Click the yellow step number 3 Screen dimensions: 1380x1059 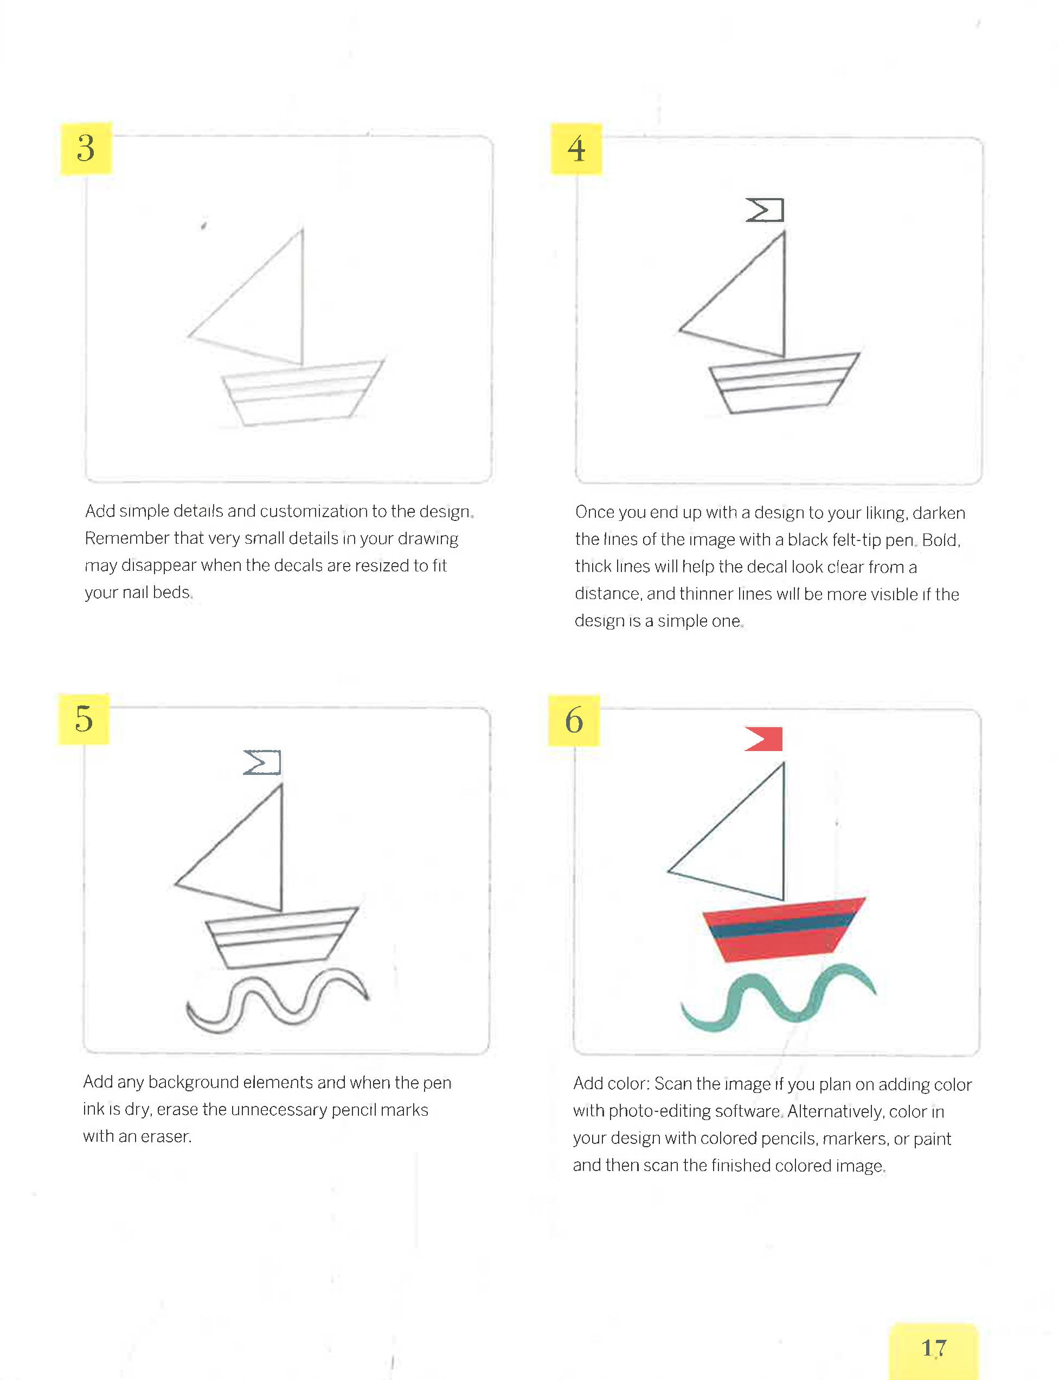(86, 148)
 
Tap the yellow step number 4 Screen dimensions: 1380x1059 (576, 149)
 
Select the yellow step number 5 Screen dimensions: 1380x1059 (84, 719)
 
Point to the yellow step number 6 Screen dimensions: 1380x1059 (574, 720)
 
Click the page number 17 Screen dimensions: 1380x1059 (934, 1348)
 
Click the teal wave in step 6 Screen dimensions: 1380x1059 (779, 1000)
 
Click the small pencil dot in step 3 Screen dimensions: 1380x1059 (203, 225)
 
